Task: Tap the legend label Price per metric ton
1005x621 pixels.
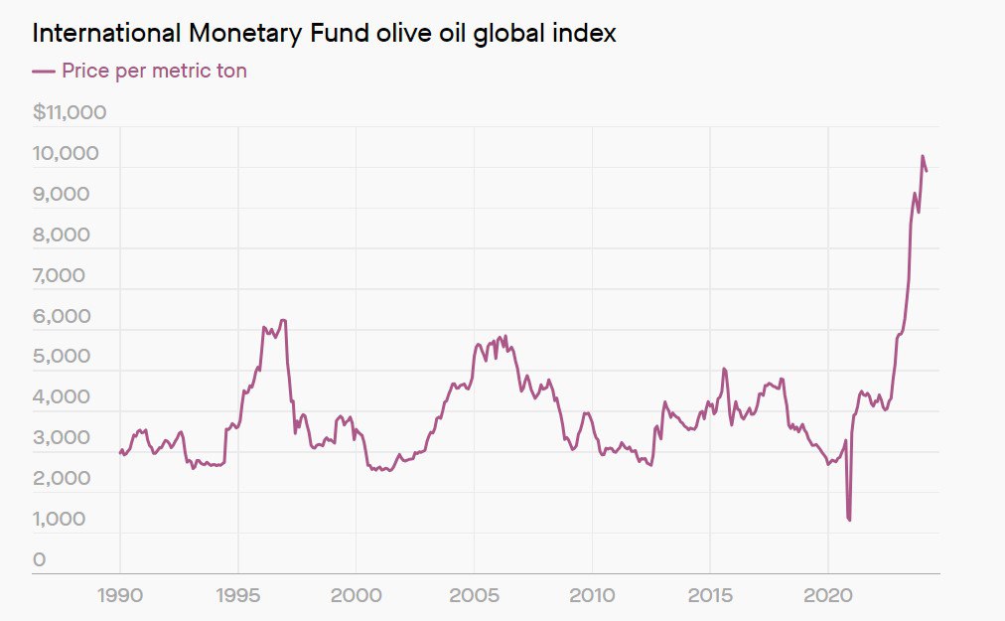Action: coord(154,71)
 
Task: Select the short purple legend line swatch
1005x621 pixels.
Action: coord(43,71)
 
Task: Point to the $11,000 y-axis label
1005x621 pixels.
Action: coord(70,112)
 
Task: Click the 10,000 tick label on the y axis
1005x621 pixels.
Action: coord(66,153)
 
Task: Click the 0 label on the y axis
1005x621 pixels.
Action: coord(39,559)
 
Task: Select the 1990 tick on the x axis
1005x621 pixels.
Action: coord(120,596)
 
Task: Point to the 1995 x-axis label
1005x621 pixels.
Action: coord(238,596)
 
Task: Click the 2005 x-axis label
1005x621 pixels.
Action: coord(474,596)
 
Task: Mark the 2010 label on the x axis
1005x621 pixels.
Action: coord(592,596)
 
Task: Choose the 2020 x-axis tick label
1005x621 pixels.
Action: coord(828,596)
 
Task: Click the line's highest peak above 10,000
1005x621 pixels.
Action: coord(922,156)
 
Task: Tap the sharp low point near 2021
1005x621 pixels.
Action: coord(849,520)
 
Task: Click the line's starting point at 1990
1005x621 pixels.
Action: coord(120,453)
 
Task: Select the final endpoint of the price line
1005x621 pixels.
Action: coord(927,171)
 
